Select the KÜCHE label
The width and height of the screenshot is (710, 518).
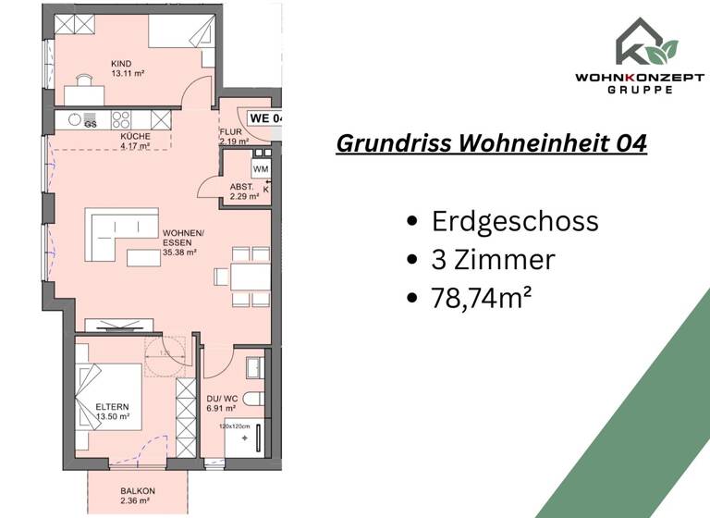(135, 137)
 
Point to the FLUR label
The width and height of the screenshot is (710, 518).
(229, 132)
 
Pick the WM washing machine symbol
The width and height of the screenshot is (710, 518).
(260, 169)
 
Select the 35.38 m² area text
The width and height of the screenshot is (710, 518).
(181, 251)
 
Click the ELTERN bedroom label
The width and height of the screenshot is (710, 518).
(113, 406)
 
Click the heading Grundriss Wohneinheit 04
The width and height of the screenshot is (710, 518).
(491, 144)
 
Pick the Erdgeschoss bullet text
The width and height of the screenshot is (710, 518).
(515, 221)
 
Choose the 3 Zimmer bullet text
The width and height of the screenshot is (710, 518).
(494, 260)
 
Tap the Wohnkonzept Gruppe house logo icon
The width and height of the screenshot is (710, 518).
(647, 41)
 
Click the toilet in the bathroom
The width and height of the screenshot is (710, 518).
(255, 399)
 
